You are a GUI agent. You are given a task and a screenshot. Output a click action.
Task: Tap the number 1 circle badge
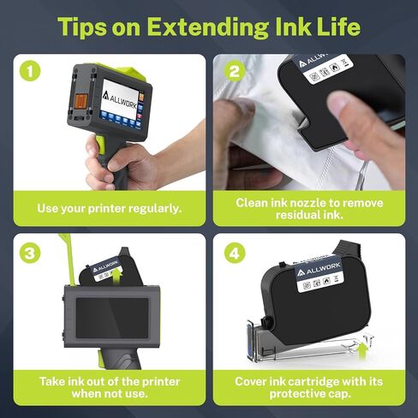[32, 72]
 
